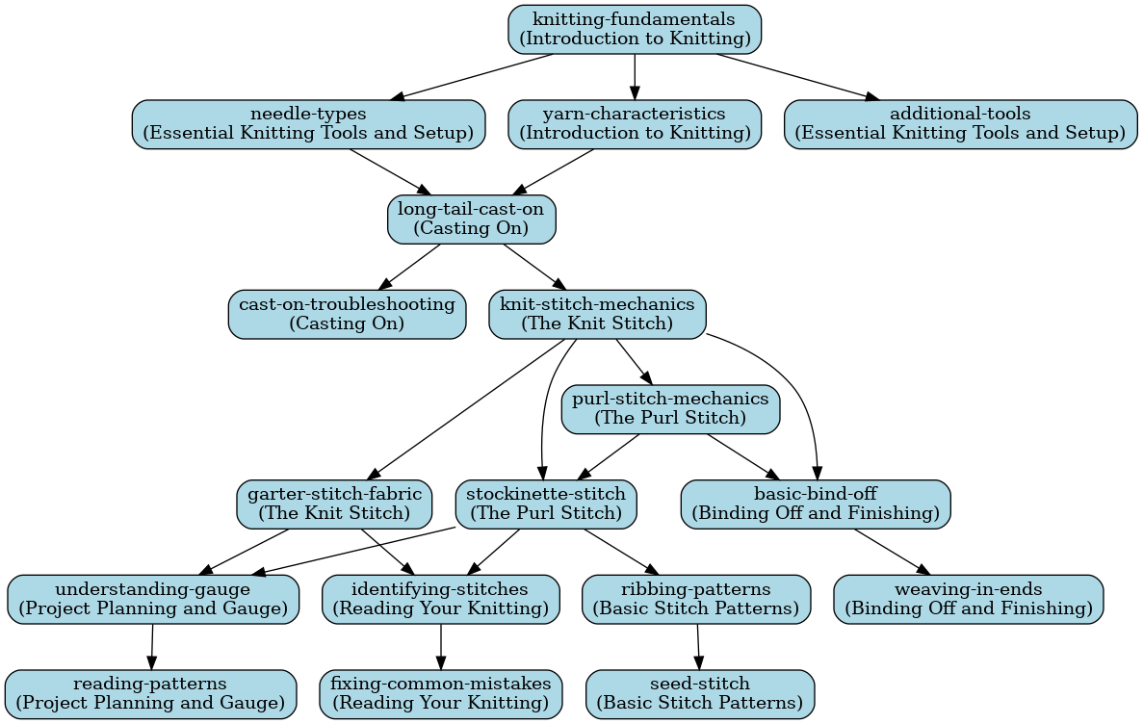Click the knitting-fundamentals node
pyautogui.click(x=635, y=29)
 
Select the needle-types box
pyautogui.click(x=308, y=123)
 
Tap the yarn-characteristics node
pyautogui.click(x=635, y=123)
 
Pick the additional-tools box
pyautogui.click(x=960, y=123)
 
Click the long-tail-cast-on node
pyautogui.click(x=472, y=219)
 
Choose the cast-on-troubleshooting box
pyautogui.click(x=347, y=314)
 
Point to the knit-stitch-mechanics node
pyautogui.click(x=597, y=314)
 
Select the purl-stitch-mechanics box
pyautogui.click(x=670, y=408)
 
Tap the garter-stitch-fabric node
pyautogui.click(x=334, y=504)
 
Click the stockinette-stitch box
pyautogui.click(x=545, y=504)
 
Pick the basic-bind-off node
pyautogui.click(x=816, y=504)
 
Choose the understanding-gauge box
pyautogui.click(x=152, y=598)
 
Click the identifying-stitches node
pyautogui.click(x=440, y=598)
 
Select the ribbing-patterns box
pyautogui.click(x=696, y=598)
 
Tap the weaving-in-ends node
pyautogui.click(x=968, y=598)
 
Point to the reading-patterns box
pyautogui.click(x=150, y=693)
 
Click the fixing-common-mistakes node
pyautogui.click(x=440, y=693)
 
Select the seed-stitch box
pyautogui.click(x=699, y=693)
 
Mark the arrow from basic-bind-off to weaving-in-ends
pyautogui.click(x=892, y=551)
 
